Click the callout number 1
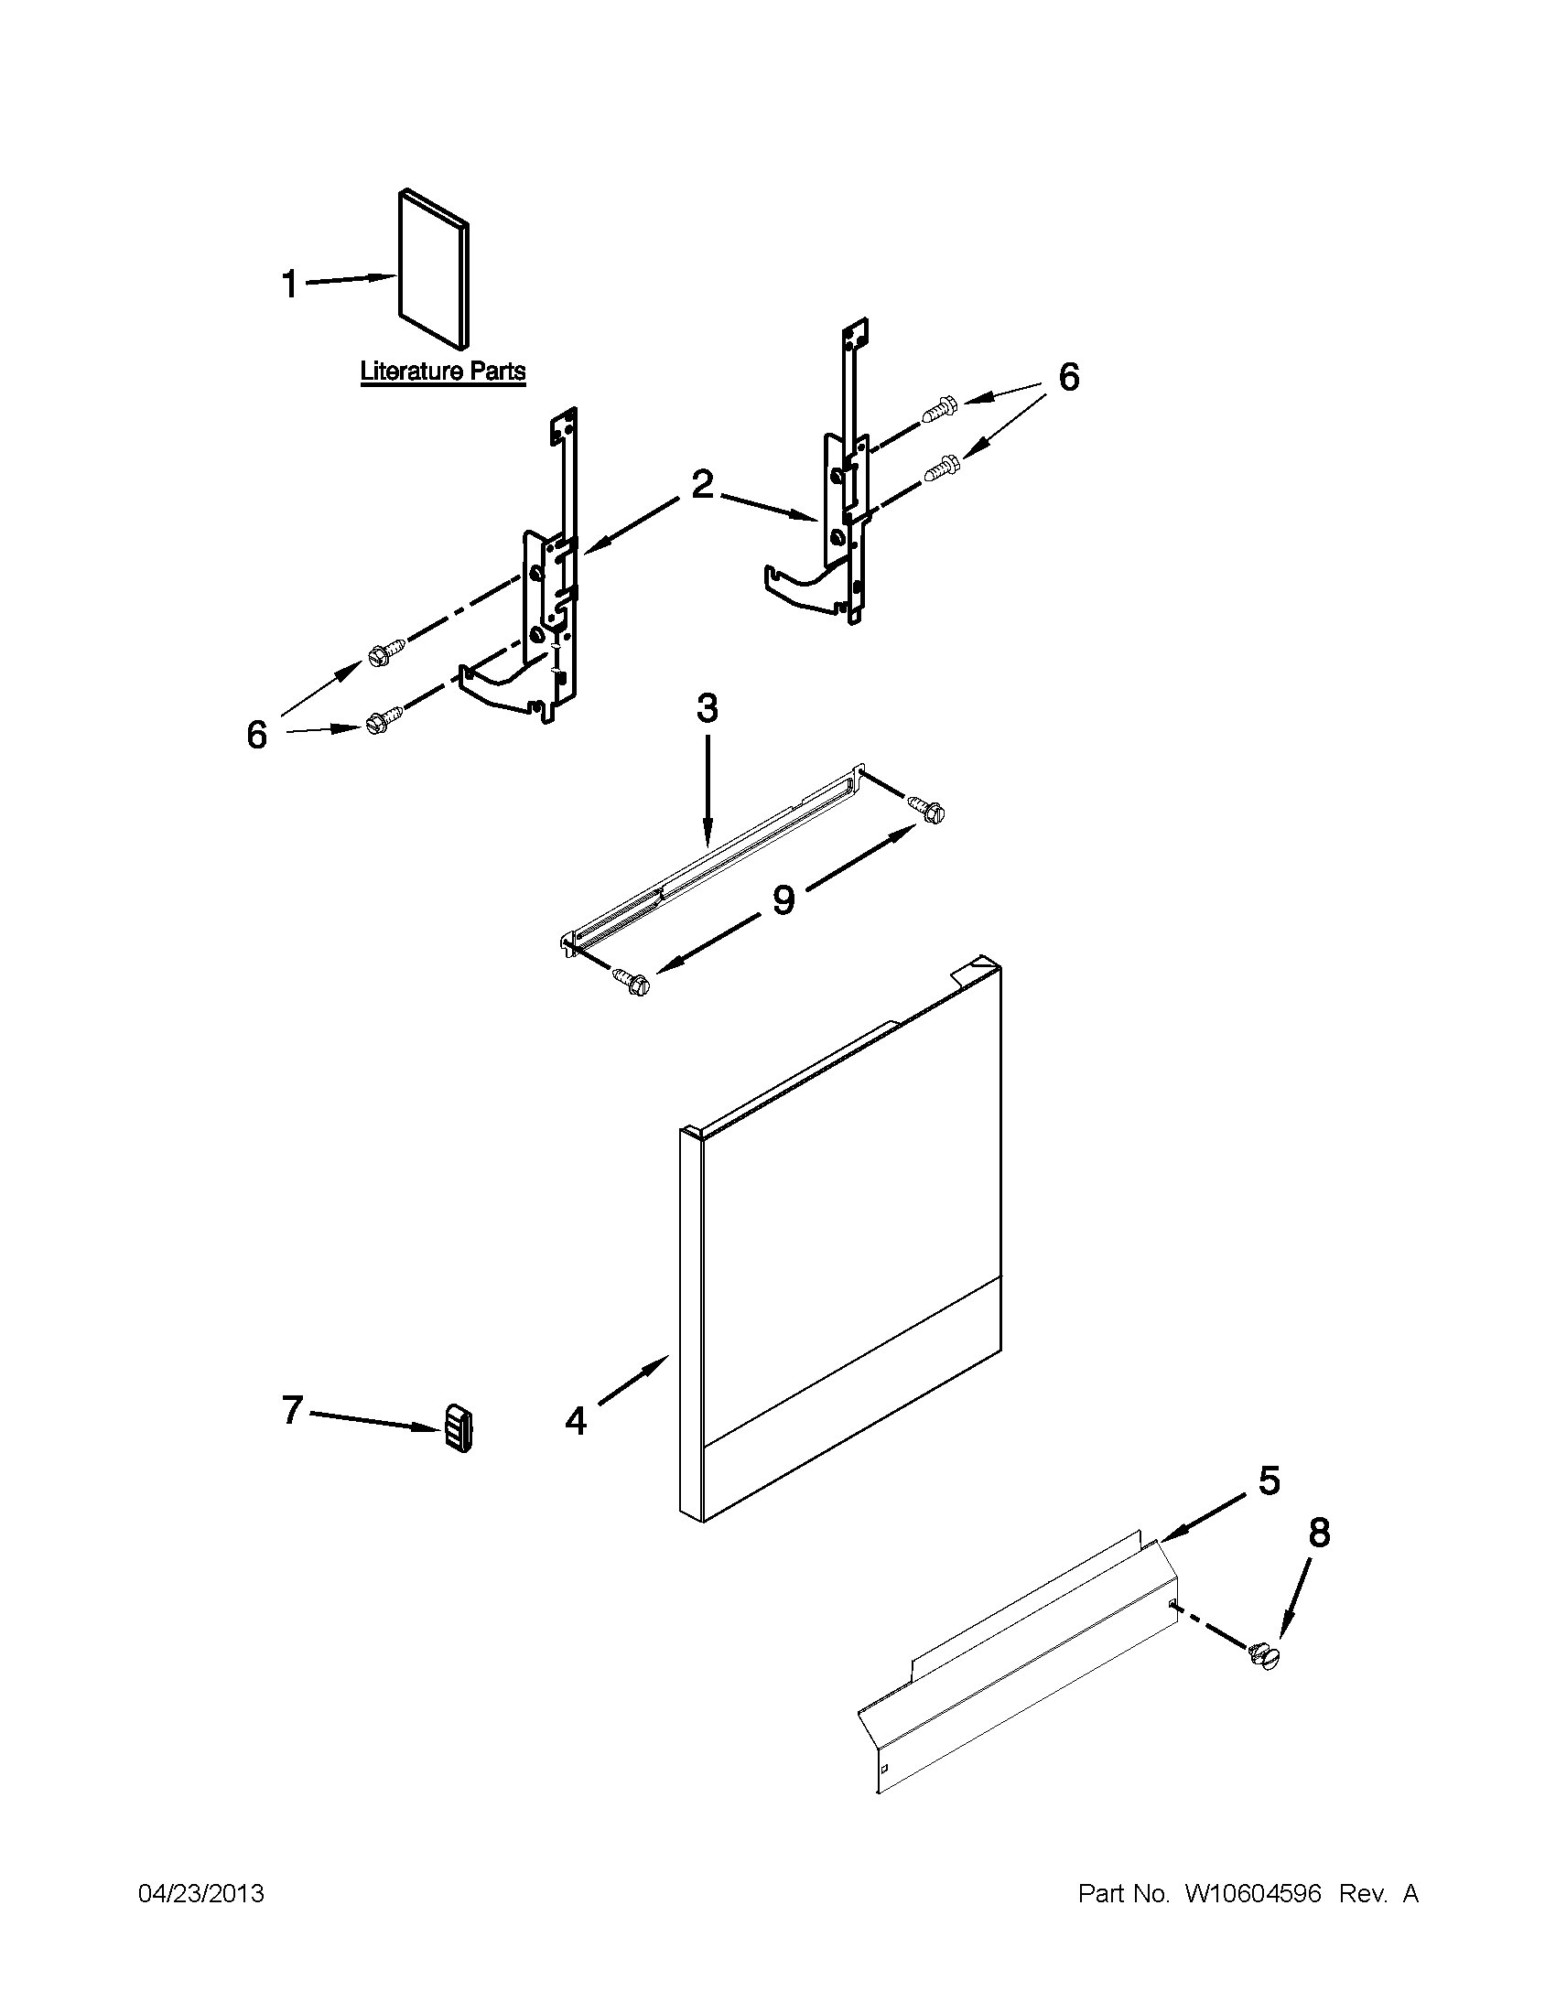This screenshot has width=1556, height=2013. tap(290, 284)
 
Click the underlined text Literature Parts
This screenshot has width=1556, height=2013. tap(442, 371)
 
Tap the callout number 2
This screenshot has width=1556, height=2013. tap(703, 485)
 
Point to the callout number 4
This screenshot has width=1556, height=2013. tap(576, 1421)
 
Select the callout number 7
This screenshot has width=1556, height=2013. tap(292, 1409)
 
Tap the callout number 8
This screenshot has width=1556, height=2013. tap(1320, 1533)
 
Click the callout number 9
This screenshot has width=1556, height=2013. tap(783, 899)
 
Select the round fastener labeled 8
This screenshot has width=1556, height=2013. tap(1266, 1656)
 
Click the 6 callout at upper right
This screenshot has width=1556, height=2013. tap(1068, 376)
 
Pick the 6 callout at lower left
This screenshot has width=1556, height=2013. tap(256, 735)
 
